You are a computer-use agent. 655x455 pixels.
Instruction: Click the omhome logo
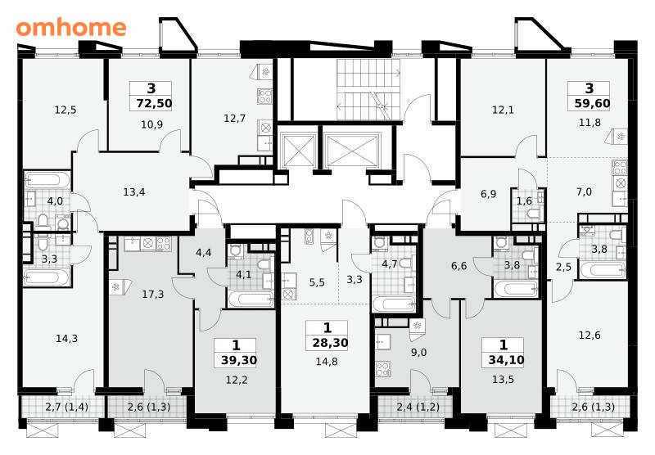point(71,28)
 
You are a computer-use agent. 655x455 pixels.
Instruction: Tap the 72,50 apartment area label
point(154,103)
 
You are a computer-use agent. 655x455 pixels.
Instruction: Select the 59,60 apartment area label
point(592,103)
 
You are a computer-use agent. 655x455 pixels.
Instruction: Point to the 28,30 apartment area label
point(330,343)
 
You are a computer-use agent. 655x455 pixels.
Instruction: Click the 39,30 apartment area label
point(239,360)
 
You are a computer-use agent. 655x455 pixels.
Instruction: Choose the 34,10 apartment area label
point(506,360)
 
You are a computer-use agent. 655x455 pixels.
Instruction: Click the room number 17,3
point(153,295)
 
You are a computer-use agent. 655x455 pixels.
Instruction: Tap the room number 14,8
point(327,362)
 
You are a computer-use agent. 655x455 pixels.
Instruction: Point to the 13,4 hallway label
point(134,192)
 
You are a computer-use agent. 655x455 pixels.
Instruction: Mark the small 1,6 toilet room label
point(524,201)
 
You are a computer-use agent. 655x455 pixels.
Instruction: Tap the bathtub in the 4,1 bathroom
point(251,300)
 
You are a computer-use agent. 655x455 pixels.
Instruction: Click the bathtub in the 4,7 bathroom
point(393,304)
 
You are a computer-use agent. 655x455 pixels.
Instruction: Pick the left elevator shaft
point(298,151)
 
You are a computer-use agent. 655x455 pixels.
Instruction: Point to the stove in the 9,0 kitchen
point(383,369)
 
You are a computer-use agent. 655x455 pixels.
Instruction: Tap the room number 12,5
point(65,110)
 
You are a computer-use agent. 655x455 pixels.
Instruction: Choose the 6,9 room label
point(488,194)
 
